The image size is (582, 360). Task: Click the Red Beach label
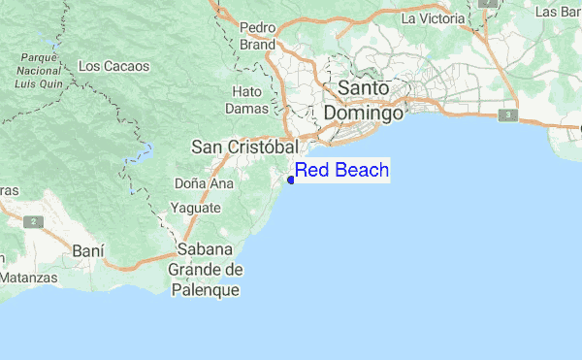pos(341,171)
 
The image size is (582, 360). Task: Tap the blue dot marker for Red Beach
pos(291,179)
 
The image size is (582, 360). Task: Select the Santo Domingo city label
pos(363,100)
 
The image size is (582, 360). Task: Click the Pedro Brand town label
pos(257,36)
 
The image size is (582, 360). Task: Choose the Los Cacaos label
pos(113,66)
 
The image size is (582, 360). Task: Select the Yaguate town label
pos(195,208)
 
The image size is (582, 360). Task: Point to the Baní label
pos(88,250)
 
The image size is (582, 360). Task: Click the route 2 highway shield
pos(36,221)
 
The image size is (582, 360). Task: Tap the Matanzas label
pos(26,278)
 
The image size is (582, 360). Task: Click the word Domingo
pos(363,113)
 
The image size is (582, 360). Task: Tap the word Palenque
pos(205,289)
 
